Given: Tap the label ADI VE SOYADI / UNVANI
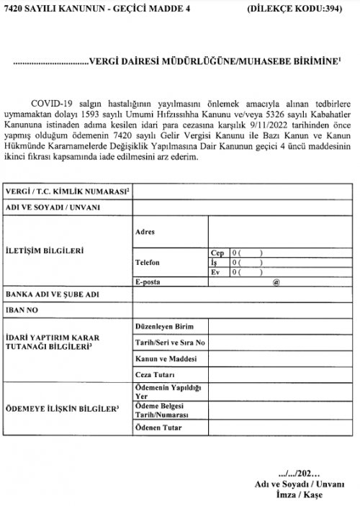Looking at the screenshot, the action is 53,207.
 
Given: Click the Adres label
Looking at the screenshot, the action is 145,232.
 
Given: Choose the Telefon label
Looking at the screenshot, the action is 148,263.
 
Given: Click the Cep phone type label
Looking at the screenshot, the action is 217,253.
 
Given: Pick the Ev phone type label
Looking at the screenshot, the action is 215,273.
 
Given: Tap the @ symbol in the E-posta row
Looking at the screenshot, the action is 276,283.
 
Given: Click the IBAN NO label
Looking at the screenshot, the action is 24,310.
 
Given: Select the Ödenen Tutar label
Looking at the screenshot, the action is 158,429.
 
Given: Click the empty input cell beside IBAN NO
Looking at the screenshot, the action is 242,310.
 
